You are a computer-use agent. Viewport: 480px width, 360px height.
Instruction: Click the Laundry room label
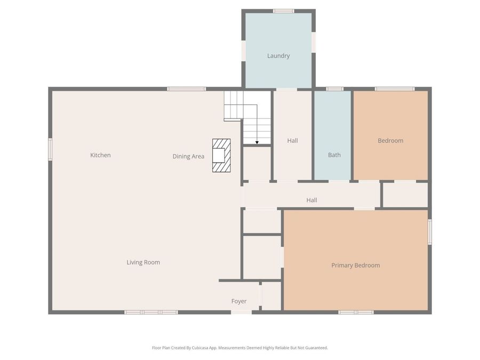278,56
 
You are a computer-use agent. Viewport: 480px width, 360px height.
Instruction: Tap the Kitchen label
100,155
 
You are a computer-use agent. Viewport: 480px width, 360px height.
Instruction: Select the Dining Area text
188,157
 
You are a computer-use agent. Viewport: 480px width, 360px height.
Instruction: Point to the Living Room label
143,262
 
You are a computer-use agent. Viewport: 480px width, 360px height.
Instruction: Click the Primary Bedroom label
355,266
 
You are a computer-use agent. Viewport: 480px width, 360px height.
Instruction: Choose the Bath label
334,155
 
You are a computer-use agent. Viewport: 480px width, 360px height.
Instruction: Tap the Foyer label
239,301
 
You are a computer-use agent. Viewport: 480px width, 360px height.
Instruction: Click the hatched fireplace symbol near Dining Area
221,155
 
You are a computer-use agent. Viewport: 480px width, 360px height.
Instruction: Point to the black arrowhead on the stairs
257,142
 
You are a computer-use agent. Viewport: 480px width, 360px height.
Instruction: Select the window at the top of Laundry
283,11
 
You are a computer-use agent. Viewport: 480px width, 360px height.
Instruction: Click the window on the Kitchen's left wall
50,149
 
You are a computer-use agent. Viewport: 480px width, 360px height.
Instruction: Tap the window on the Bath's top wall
334,89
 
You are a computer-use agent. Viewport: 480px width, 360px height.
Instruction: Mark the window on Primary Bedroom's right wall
430,232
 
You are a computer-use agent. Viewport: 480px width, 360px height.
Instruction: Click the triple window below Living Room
151,312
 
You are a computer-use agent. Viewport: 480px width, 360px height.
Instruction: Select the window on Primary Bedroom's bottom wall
356,312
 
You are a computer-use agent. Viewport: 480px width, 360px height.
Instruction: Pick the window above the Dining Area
186,89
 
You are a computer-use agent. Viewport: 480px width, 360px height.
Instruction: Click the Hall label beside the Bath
292,141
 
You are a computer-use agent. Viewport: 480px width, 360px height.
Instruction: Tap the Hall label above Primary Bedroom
311,201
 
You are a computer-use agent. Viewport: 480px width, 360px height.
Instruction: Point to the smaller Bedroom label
390,141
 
